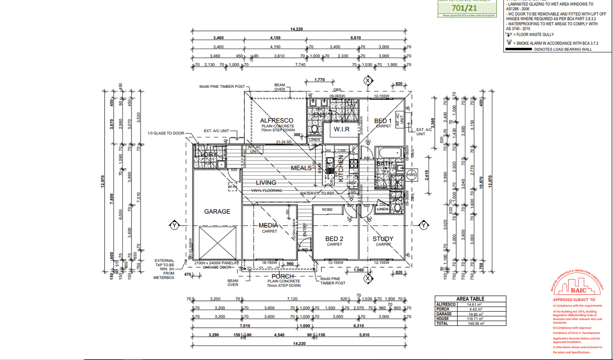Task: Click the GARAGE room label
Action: (x=217, y=211)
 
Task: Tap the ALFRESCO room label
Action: (x=277, y=121)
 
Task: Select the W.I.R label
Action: (x=342, y=129)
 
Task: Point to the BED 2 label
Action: (x=334, y=239)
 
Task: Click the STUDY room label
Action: (x=383, y=239)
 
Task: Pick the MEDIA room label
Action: (x=268, y=225)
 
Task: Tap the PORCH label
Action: (x=283, y=276)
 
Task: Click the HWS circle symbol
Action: (x=412, y=175)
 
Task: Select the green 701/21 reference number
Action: (x=464, y=8)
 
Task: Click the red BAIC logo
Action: (x=578, y=290)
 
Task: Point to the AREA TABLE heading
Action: (x=470, y=299)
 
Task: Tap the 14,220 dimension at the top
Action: (x=297, y=29)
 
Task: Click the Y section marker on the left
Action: (x=175, y=225)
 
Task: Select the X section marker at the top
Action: (x=368, y=80)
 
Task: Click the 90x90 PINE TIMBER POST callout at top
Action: (x=222, y=87)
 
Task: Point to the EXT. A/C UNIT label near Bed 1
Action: (x=424, y=132)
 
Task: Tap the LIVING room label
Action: (x=266, y=183)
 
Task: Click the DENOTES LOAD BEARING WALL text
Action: (x=563, y=49)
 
